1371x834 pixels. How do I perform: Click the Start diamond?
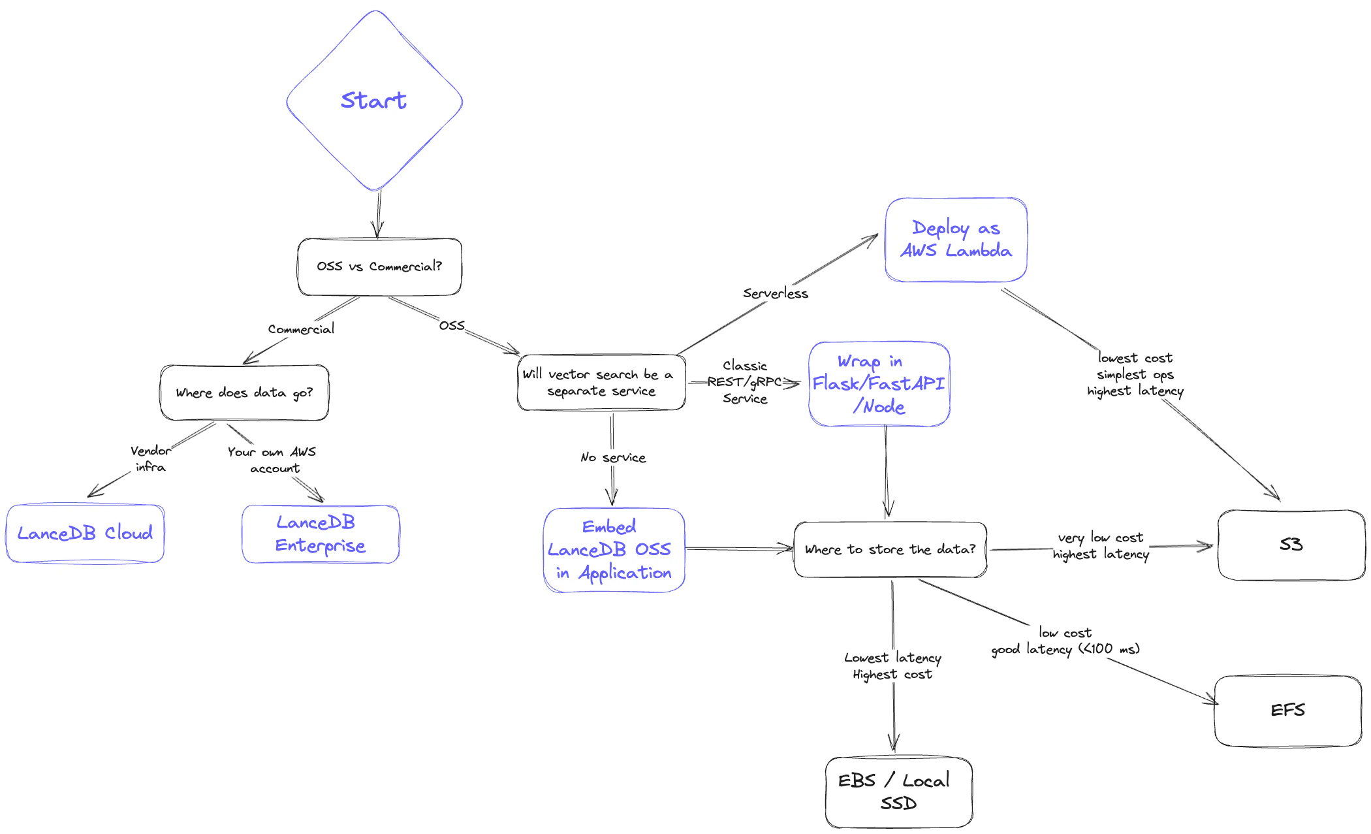(x=375, y=101)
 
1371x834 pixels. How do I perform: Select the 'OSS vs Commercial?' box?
(x=379, y=266)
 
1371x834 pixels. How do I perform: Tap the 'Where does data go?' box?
(x=244, y=393)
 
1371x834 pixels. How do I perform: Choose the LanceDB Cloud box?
(x=85, y=533)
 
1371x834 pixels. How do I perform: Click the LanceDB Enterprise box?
(x=320, y=534)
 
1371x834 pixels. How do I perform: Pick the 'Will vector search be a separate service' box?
(x=601, y=383)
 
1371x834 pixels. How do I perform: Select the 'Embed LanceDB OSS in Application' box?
(x=614, y=550)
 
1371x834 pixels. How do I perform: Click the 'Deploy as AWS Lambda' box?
(x=956, y=240)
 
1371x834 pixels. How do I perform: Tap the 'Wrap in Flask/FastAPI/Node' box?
(x=879, y=384)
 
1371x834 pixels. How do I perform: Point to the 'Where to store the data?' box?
(x=890, y=549)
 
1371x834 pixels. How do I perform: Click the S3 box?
(x=1291, y=545)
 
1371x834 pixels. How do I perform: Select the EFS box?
(x=1287, y=711)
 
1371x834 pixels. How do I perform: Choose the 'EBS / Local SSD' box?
(x=898, y=792)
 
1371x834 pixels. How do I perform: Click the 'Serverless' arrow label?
(x=775, y=293)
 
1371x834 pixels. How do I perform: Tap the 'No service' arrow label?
(x=613, y=457)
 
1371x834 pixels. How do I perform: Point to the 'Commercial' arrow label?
(x=301, y=329)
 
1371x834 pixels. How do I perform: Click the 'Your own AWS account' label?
(x=272, y=460)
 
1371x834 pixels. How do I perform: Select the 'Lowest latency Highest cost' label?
(x=892, y=666)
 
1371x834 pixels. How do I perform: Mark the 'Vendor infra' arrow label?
(x=151, y=458)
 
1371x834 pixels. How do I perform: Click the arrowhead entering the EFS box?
(x=1212, y=701)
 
